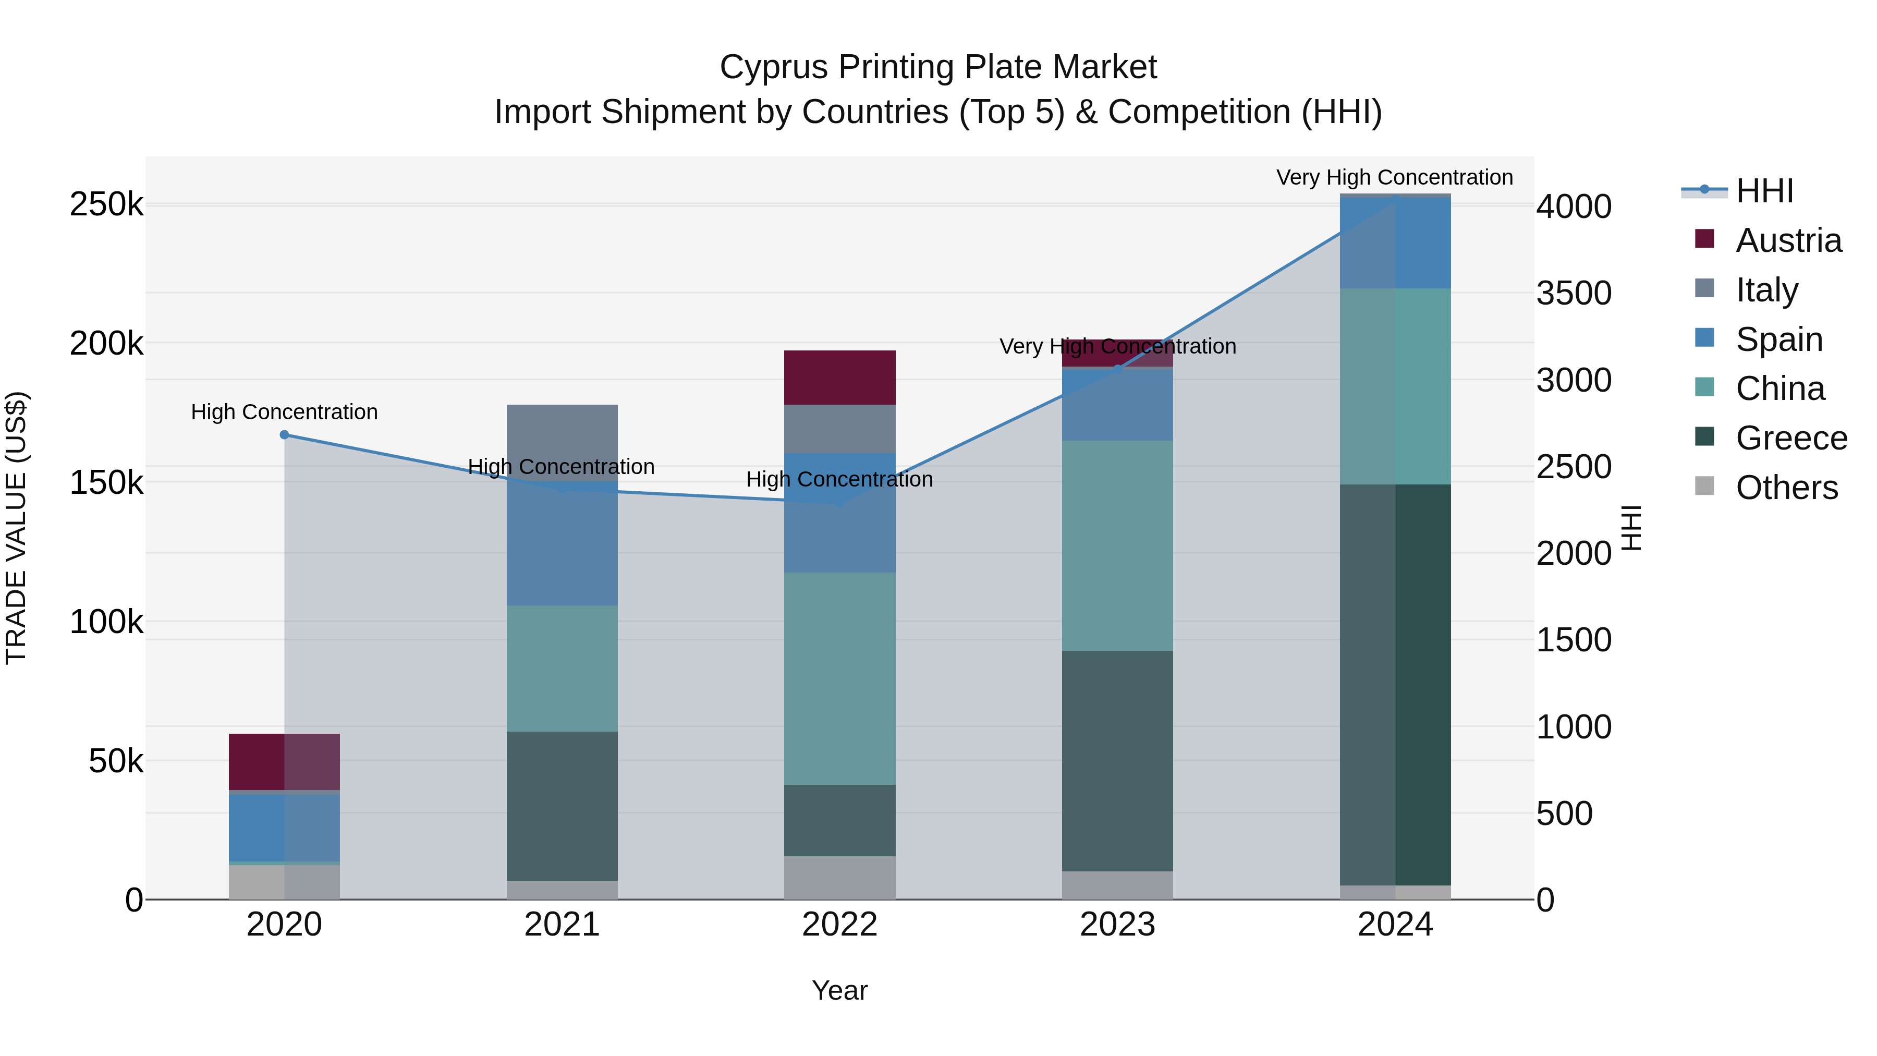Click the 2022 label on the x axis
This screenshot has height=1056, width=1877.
click(x=839, y=925)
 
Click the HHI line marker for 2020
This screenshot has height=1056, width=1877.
click(x=284, y=435)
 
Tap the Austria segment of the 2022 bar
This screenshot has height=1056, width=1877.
click(x=839, y=378)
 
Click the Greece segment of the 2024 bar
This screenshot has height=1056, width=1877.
click(x=1395, y=685)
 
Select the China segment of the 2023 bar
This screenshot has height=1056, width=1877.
click(x=1117, y=545)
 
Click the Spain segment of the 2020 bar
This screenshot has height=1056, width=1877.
click(x=284, y=828)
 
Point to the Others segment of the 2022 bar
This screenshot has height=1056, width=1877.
click(x=839, y=878)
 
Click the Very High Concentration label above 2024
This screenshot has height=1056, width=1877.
click(x=1394, y=177)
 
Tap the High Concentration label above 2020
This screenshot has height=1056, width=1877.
click(x=284, y=412)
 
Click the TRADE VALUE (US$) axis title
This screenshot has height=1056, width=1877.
click(x=16, y=528)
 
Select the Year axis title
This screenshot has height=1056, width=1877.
click(x=839, y=990)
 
